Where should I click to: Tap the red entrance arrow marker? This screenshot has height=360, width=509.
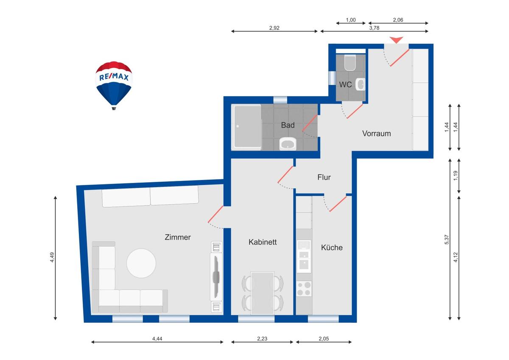click(397, 39)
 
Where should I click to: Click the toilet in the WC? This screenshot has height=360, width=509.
click(350, 62)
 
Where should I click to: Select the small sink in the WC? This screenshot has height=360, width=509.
click(361, 84)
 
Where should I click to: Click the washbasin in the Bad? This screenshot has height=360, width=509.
click(288, 144)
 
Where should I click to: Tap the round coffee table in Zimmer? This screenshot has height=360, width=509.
click(141, 263)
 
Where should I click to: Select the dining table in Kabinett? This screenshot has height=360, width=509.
click(263, 293)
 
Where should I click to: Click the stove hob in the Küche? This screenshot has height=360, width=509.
click(304, 289)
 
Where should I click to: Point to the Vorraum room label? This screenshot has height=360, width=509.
click(376, 133)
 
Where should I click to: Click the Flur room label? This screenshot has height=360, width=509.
click(324, 177)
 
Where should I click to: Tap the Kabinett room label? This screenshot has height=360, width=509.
click(263, 242)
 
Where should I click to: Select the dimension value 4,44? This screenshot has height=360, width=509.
click(157, 339)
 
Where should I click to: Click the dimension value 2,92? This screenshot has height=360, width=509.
click(274, 28)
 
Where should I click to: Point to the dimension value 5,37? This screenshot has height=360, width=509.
click(447, 239)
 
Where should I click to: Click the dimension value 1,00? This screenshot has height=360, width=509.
click(351, 20)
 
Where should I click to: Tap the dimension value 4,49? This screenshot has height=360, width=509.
click(52, 257)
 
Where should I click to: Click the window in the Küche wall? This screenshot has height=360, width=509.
click(323, 319)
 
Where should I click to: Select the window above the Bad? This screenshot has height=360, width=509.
click(280, 100)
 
